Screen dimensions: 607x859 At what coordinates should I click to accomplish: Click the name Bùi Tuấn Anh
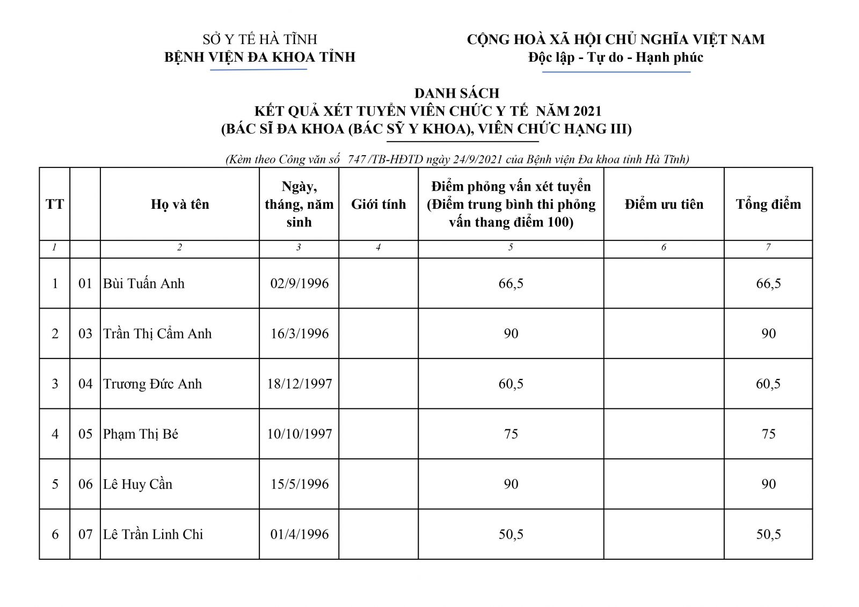tap(143, 283)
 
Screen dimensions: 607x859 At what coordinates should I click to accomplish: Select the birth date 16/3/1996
tap(299, 333)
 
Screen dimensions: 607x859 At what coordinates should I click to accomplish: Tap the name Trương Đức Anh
tap(152, 384)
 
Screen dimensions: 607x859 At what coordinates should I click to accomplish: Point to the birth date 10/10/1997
tap(299, 434)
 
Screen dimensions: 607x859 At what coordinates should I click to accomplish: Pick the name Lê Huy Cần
tap(137, 484)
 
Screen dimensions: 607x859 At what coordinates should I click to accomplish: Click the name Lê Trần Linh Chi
tap(153, 534)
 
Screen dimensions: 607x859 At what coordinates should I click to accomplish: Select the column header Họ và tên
tap(180, 204)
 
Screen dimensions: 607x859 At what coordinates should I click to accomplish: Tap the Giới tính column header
tap(378, 204)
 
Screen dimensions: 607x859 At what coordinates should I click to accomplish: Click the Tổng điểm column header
tap(768, 204)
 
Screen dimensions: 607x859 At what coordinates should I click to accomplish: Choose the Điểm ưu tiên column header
tap(664, 204)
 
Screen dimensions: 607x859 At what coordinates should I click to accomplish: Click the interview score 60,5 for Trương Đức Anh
tap(511, 384)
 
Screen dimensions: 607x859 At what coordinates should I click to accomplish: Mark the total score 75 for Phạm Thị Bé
tap(768, 434)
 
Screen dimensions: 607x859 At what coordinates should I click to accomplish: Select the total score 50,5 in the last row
tap(768, 534)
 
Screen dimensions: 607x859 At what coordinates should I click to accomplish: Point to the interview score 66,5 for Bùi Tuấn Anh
tap(511, 283)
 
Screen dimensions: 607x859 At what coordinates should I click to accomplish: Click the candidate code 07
tap(85, 534)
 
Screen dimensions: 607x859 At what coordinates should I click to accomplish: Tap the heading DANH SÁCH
tap(457, 93)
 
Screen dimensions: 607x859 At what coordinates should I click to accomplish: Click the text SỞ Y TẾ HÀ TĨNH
tap(260, 39)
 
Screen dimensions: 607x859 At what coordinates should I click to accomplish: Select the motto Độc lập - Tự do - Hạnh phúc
tap(616, 57)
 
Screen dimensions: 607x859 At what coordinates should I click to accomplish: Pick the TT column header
tap(55, 204)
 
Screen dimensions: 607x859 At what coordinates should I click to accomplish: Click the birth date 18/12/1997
tap(299, 384)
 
